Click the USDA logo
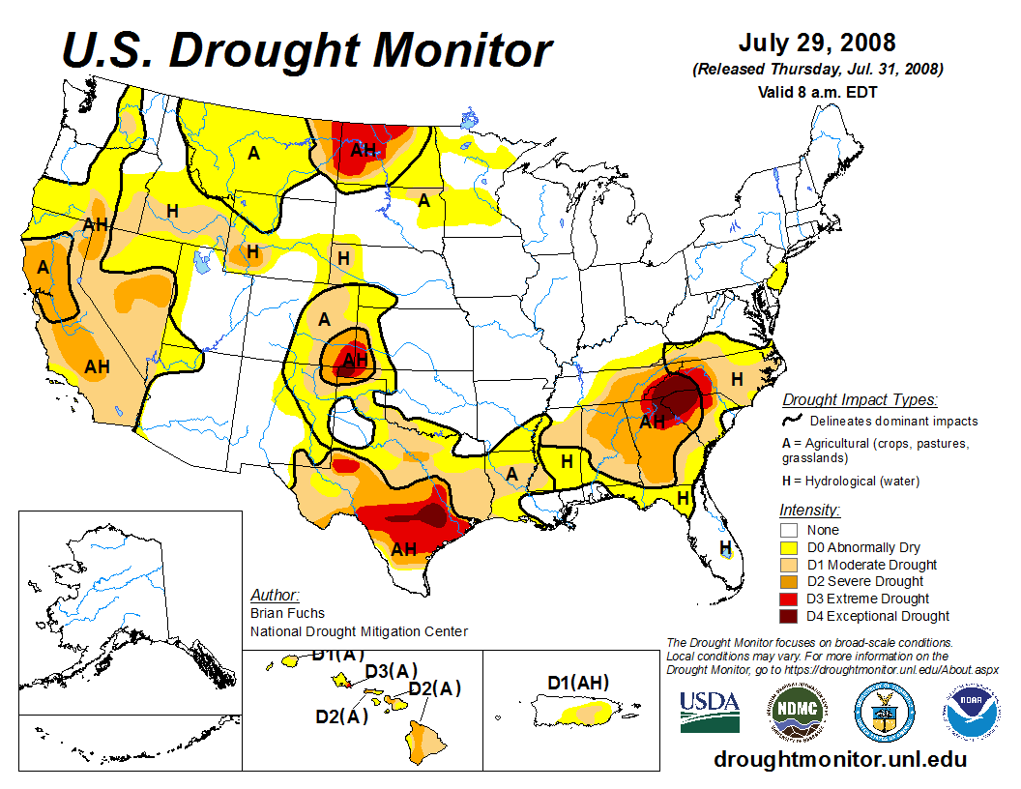click(x=710, y=712)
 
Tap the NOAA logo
click(x=969, y=713)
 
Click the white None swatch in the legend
click(x=790, y=530)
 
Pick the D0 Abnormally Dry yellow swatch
click(x=790, y=547)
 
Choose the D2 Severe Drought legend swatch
click(x=790, y=581)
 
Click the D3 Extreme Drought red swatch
click(x=790, y=599)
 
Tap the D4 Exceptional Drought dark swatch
click(x=790, y=616)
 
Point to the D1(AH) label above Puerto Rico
click(x=578, y=684)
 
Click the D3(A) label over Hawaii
click(x=391, y=671)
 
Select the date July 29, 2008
click(x=817, y=44)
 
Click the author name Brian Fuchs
click(x=287, y=613)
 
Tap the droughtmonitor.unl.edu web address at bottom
click(x=839, y=759)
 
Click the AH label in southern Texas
click(x=404, y=549)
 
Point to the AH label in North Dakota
click(x=364, y=150)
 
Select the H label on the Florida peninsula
click(x=725, y=547)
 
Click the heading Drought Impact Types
click(x=860, y=399)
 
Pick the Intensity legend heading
click(x=809, y=510)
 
